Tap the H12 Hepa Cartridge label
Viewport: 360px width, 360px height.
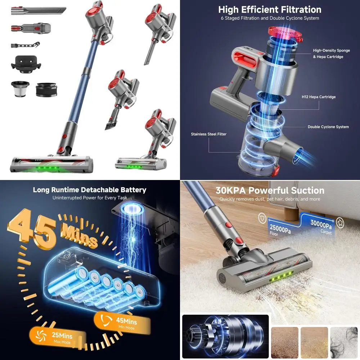(319, 97)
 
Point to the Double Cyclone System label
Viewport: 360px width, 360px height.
(328, 127)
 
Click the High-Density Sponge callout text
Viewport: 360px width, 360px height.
(331, 54)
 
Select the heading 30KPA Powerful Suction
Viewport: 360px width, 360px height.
(270, 190)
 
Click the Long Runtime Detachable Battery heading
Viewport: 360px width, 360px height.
(90, 190)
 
